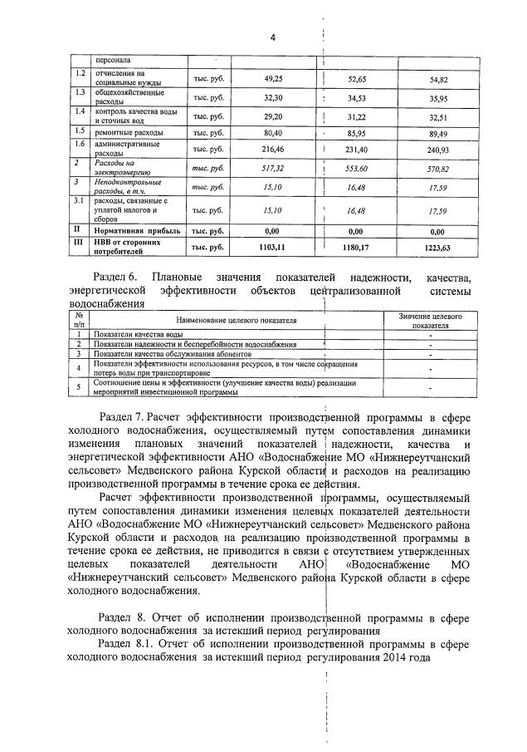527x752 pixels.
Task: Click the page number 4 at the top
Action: point(272,37)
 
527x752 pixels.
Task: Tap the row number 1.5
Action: point(80,131)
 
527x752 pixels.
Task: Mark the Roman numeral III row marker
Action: point(77,243)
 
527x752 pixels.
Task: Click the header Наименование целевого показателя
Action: point(236,321)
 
